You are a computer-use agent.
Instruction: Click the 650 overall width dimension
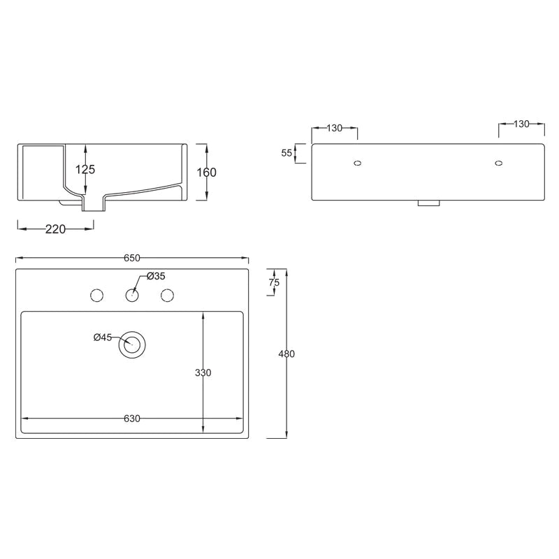pos(131,258)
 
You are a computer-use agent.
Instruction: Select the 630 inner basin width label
pos(132,419)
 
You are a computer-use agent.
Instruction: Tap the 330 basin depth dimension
pos(203,372)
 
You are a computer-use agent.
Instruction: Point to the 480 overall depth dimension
pos(286,354)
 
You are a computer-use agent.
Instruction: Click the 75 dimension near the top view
pos(274,282)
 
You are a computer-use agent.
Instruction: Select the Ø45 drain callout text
pos(102,337)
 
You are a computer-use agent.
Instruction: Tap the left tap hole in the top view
pos(97,296)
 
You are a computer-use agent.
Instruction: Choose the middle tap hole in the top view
pos(132,296)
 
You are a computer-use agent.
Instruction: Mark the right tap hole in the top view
pos(167,296)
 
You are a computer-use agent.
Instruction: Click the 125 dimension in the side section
pos(86,169)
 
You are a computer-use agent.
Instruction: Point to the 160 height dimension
pos(208,172)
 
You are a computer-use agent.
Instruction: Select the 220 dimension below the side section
pos(55,229)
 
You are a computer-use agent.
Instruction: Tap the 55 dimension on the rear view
pos(286,153)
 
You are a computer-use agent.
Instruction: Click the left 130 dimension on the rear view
pos(335,127)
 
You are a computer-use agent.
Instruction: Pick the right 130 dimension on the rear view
pos(521,124)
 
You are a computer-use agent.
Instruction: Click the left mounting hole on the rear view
pos(358,164)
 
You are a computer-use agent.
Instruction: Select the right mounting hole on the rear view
pos(498,164)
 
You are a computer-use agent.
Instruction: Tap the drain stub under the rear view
pos(428,203)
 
